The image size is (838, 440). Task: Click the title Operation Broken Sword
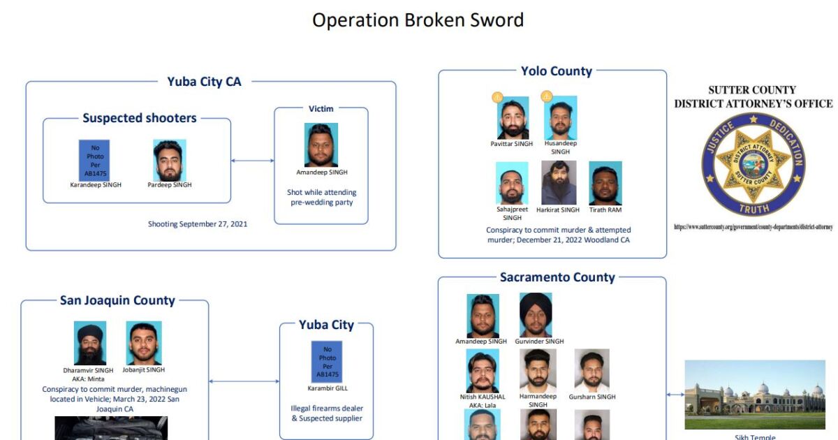point(418,20)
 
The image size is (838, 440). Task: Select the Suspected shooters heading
point(140,118)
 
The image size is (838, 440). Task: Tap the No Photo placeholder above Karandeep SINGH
point(94,160)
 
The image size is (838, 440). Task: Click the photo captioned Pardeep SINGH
point(169,160)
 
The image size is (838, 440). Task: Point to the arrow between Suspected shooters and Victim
point(252,161)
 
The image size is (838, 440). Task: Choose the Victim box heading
point(321,109)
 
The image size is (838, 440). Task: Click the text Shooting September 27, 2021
point(198,224)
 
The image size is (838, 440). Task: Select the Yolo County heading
point(556,71)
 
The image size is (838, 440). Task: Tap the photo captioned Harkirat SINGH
point(559,182)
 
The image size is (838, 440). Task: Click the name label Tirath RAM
point(605,210)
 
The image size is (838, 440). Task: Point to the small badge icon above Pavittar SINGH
point(497,96)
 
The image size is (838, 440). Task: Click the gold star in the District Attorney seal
point(753,163)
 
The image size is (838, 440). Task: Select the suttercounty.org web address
point(753,226)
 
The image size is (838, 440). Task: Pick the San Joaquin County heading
point(117,300)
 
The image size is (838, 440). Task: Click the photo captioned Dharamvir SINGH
point(90,343)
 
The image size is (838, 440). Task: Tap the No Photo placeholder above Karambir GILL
point(327,362)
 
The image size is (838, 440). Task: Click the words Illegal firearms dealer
point(327,409)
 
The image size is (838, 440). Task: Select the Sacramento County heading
point(557,277)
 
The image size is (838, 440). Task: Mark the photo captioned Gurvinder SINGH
point(536,314)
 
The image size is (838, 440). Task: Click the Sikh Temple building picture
point(754,395)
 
